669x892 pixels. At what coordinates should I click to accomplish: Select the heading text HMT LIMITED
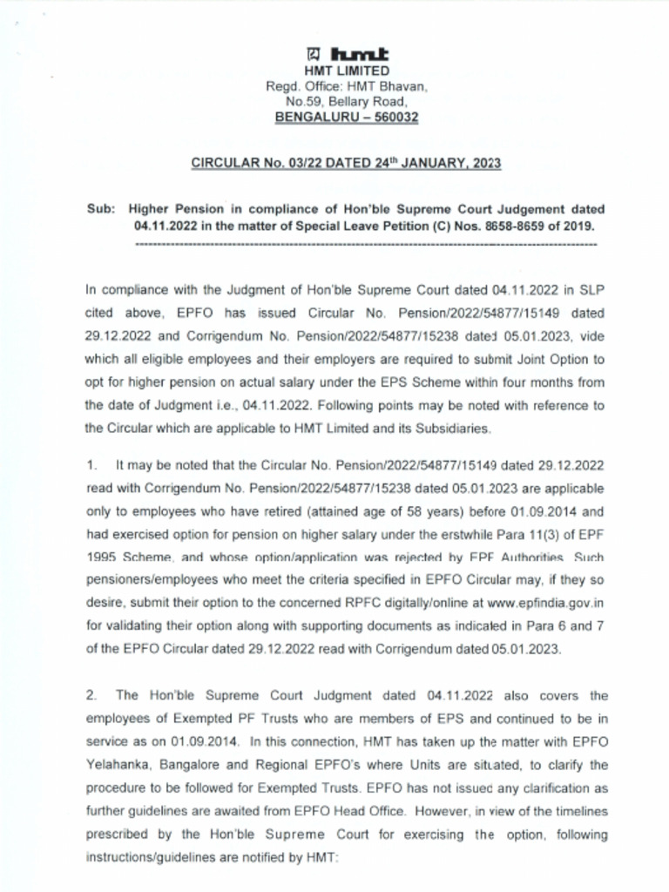[347, 70]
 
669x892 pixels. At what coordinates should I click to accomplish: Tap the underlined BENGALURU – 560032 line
[346, 117]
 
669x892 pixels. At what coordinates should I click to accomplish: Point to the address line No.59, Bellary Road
[347, 101]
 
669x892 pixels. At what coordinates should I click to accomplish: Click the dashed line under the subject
[366, 245]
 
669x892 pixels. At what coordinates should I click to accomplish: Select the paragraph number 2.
[91, 695]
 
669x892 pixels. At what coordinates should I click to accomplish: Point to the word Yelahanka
[118, 763]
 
